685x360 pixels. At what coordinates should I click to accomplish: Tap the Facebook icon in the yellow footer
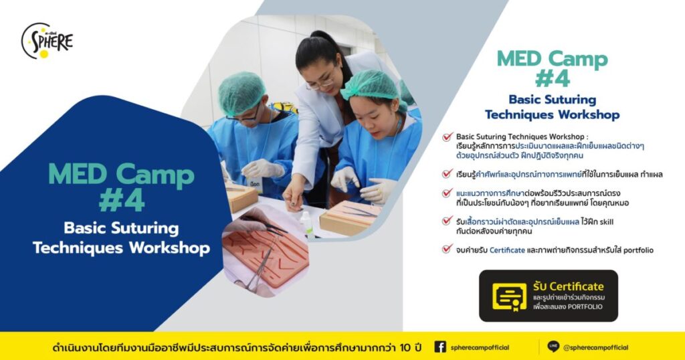tap(440, 347)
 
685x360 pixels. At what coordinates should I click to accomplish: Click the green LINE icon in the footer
tap(553, 347)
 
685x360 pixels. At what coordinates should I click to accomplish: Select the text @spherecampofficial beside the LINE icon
tap(595, 347)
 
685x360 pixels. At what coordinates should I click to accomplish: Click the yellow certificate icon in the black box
tap(509, 296)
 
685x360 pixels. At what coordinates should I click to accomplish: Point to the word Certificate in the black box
tap(577, 286)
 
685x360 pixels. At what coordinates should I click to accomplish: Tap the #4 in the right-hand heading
tap(552, 79)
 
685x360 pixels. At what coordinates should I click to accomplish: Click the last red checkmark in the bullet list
tap(448, 250)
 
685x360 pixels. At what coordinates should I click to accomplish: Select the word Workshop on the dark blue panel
tap(167, 248)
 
